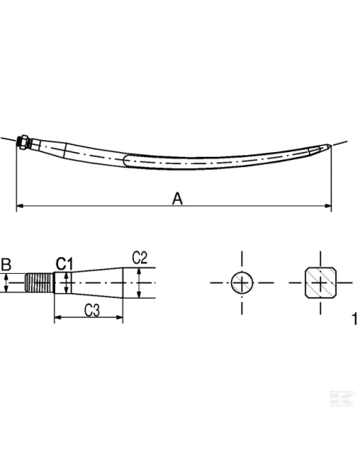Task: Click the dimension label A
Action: [178, 198]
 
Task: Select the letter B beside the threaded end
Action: [6, 264]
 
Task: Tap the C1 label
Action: [65, 263]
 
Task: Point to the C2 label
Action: [139, 257]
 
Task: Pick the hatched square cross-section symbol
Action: [320, 283]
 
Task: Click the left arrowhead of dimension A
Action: [20, 207]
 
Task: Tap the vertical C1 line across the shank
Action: [68, 283]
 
